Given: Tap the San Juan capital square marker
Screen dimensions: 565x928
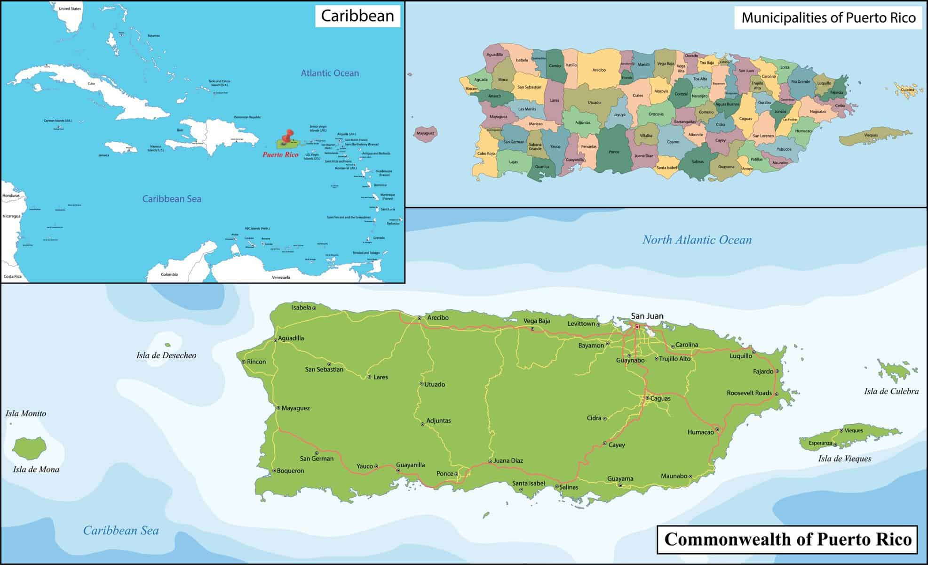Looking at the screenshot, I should click(x=637, y=327).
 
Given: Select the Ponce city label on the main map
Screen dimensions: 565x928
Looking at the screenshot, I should click(x=444, y=474).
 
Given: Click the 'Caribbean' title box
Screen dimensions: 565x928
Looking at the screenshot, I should click(x=357, y=16).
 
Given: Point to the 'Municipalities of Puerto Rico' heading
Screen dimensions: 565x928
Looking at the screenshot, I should click(x=828, y=18).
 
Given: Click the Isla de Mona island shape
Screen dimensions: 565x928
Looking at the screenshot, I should click(x=29, y=448).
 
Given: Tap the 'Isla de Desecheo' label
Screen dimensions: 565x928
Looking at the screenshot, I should click(x=166, y=355).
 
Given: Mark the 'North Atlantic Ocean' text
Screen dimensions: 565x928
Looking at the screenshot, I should click(x=697, y=240).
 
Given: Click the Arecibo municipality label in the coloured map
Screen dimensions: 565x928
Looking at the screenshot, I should click(x=599, y=70).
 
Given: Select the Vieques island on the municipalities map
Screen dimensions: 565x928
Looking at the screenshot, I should click(x=870, y=136).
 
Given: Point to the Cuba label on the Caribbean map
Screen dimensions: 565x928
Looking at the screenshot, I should click(x=91, y=84).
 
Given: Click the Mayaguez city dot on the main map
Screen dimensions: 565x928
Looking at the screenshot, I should click(x=278, y=408).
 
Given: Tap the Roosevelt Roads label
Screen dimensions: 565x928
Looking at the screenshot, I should click(x=749, y=393).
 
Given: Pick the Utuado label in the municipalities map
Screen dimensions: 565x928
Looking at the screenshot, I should click(x=594, y=102).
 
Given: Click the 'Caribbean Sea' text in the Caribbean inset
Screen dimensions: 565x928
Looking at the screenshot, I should click(x=172, y=199).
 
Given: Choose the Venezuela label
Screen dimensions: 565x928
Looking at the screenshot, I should click(x=281, y=277).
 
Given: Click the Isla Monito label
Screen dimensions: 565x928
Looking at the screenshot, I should click(x=26, y=413).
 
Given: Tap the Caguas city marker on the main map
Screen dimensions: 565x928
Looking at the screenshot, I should click(x=647, y=398).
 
